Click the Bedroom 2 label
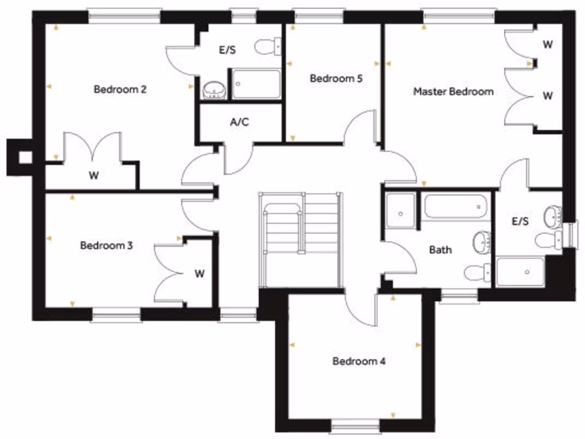click(x=120, y=89)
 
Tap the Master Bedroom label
click(x=453, y=91)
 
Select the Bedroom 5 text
click(x=336, y=78)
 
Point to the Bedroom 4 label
click(x=359, y=361)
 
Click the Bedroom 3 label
click(x=106, y=246)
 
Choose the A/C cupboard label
click(x=239, y=122)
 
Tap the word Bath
click(x=440, y=250)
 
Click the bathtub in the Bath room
click(x=455, y=206)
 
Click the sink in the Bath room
click(x=482, y=242)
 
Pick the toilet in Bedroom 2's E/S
click(x=267, y=46)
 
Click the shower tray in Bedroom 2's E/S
click(x=256, y=84)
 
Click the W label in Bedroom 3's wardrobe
click(x=199, y=273)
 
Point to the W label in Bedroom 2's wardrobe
click(x=94, y=175)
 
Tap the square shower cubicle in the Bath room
click(x=400, y=210)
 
